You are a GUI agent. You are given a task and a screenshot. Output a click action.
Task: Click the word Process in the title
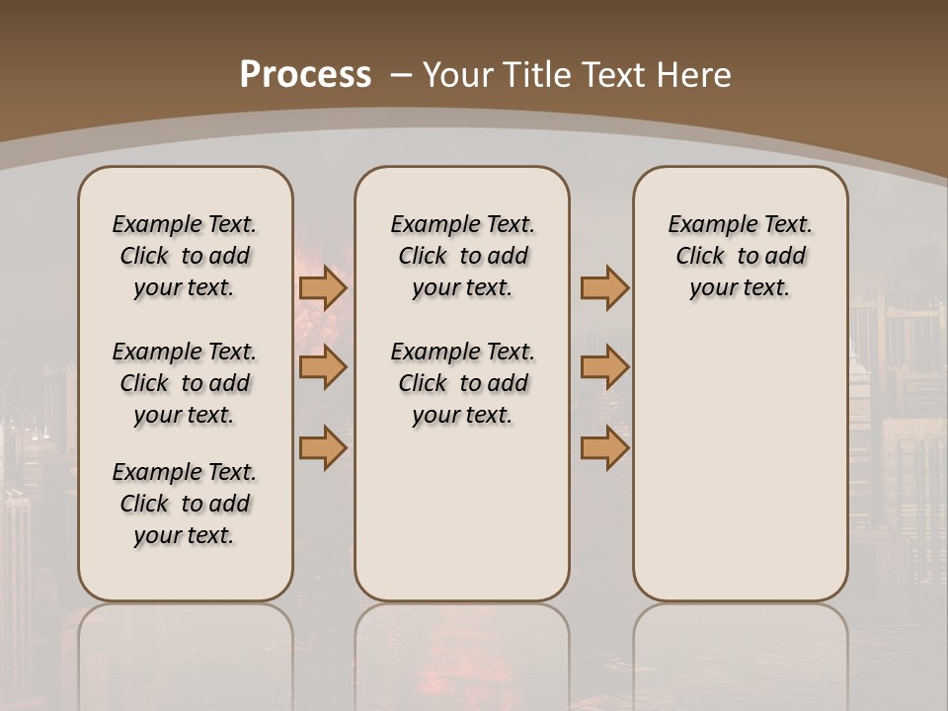305,75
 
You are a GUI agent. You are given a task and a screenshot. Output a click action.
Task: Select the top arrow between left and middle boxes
322,287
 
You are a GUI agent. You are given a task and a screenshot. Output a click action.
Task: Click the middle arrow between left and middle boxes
322,367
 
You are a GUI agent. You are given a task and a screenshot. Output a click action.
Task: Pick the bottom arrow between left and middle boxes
322,447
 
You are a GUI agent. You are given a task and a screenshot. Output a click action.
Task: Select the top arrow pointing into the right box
604,287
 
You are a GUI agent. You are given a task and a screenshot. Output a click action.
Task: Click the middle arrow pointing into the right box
604,367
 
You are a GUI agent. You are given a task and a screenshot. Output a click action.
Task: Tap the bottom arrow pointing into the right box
604,447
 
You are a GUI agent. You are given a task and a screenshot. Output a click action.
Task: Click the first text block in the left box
185,256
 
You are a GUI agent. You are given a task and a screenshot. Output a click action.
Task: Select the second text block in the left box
185,383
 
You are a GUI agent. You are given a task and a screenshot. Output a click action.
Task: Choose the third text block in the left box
185,504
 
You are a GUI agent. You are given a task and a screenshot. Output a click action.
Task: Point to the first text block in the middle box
462,256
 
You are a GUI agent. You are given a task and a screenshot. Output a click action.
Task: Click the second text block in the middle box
462,383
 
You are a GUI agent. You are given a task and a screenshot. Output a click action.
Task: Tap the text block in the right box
740,256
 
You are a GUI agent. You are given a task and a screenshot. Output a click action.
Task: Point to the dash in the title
401,75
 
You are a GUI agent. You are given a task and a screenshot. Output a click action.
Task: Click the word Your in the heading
459,75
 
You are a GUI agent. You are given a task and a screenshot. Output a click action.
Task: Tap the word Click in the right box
700,257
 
